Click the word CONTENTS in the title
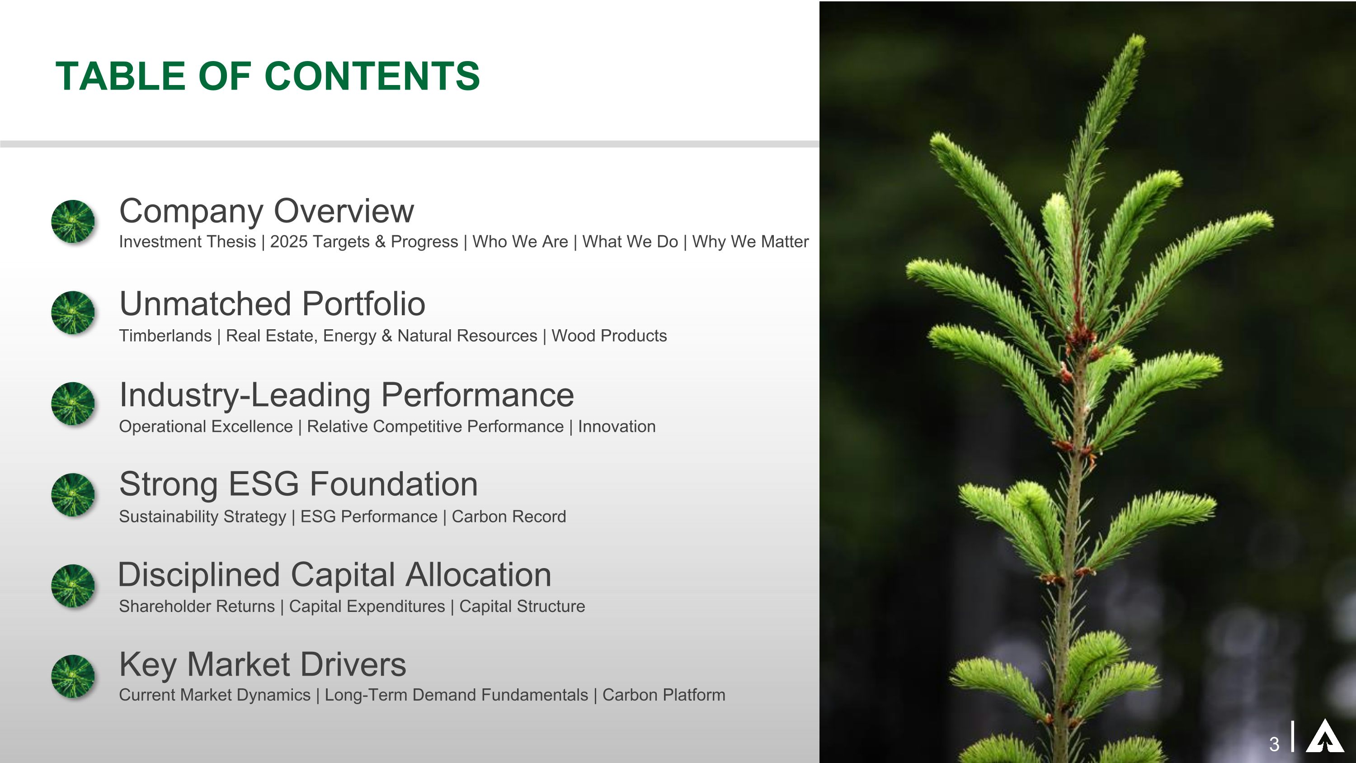372,76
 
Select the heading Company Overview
266,211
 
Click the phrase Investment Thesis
188,242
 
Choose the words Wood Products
609,336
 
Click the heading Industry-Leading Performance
346,395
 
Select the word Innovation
617,427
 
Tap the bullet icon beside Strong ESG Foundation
73,494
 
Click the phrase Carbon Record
508,517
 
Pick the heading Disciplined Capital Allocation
335,574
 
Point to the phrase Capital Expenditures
367,607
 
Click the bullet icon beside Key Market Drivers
73,676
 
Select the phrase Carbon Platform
663,695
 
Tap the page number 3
1274,744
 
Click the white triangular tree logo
1324,737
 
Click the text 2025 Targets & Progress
364,242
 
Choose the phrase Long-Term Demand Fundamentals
456,695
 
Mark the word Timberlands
165,336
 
